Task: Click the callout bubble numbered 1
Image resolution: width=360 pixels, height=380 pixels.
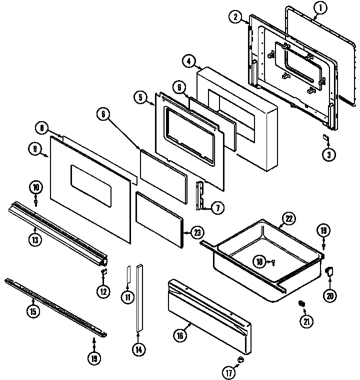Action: (x=320, y=8)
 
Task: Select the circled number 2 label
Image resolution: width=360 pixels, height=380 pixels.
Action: (x=234, y=17)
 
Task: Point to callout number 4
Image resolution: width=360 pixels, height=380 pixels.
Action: (x=189, y=62)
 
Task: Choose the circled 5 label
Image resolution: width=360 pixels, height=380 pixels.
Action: (x=141, y=97)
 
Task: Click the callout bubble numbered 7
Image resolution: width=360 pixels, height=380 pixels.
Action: (x=218, y=207)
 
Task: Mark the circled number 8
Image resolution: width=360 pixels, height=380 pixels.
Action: (x=42, y=128)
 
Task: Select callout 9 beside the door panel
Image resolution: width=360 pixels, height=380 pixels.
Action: (x=34, y=148)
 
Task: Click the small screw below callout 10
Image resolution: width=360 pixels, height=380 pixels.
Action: (x=36, y=202)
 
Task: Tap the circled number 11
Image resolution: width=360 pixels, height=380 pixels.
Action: (x=127, y=297)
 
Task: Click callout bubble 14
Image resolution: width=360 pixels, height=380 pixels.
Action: (x=138, y=349)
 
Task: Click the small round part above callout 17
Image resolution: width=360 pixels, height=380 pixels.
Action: (x=240, y=359)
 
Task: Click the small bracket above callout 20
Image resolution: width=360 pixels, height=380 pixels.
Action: (x=329, y=271)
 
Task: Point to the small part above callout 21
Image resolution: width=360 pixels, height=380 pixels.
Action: (x=302, y=303)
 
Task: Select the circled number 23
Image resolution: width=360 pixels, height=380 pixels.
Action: (x=198, y=232)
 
